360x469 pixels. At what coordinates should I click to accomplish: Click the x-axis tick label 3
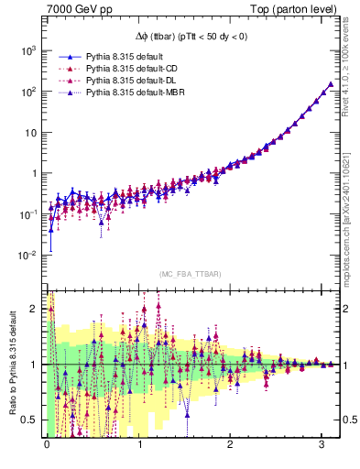click(322, 444)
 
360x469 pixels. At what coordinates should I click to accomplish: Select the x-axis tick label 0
click(47, 444)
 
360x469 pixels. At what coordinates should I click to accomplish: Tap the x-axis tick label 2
click(231, 444)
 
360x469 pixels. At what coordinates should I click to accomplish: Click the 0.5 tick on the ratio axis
click(29, 420)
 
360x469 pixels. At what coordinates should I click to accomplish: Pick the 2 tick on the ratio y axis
click(34, 309)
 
